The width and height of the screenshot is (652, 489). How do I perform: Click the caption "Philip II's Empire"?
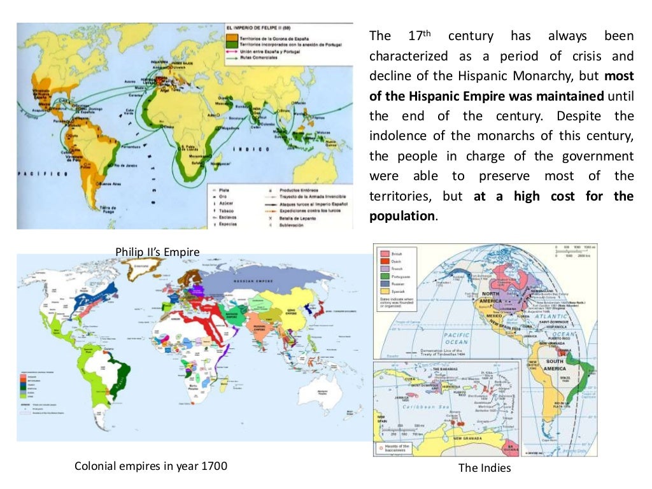(x=157, y=252)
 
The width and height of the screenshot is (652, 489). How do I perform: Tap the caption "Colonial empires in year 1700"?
(x=151, y=465)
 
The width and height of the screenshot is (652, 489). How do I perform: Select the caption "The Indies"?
(x=485, y=469)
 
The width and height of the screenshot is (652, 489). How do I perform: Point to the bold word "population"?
(x=402, y=215)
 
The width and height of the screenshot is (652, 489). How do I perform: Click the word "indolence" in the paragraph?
(x=399, y=136)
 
